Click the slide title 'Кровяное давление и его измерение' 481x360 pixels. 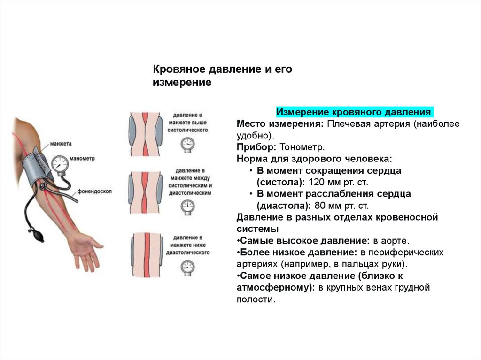click(223, 76)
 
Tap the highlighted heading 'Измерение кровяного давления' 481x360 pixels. click(354, 113)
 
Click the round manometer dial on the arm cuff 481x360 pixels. click(60, 164)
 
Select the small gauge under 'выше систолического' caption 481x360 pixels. click(188, 144)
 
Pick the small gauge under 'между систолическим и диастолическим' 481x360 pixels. click(188, 206)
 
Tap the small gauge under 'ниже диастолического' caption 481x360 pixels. click(188, 268)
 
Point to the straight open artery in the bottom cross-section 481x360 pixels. click(146, 256)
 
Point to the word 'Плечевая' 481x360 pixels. click(347, 124)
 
